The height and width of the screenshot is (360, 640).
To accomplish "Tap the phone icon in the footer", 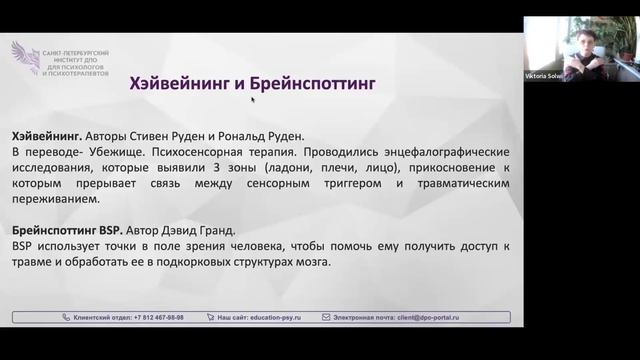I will click(x=67, y=316).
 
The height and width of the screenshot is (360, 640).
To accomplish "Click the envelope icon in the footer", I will click(x=326, y=316).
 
